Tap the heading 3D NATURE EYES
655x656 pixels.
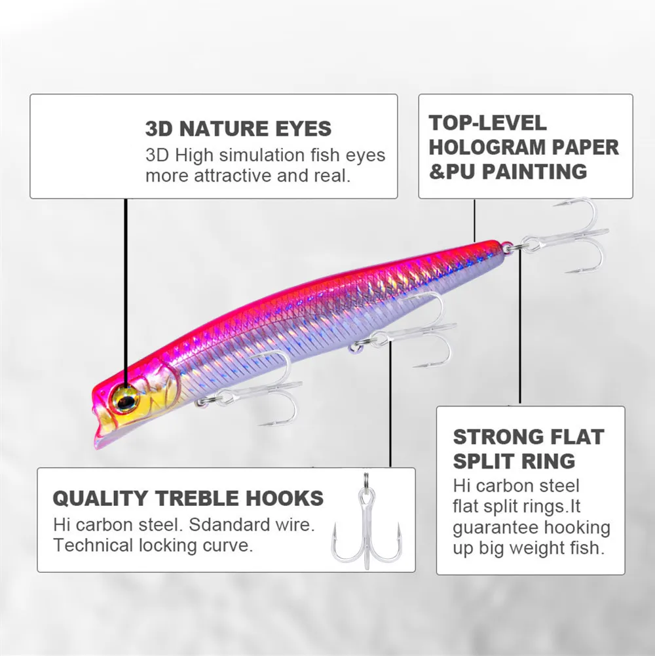coord(238,128)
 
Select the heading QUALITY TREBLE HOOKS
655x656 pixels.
coord(188,498)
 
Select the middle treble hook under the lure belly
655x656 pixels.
coord(419,334)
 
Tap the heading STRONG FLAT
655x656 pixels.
coord(529,436)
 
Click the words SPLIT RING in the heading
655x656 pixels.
coord(514,461)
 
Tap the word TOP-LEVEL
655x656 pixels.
coord(487,123)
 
